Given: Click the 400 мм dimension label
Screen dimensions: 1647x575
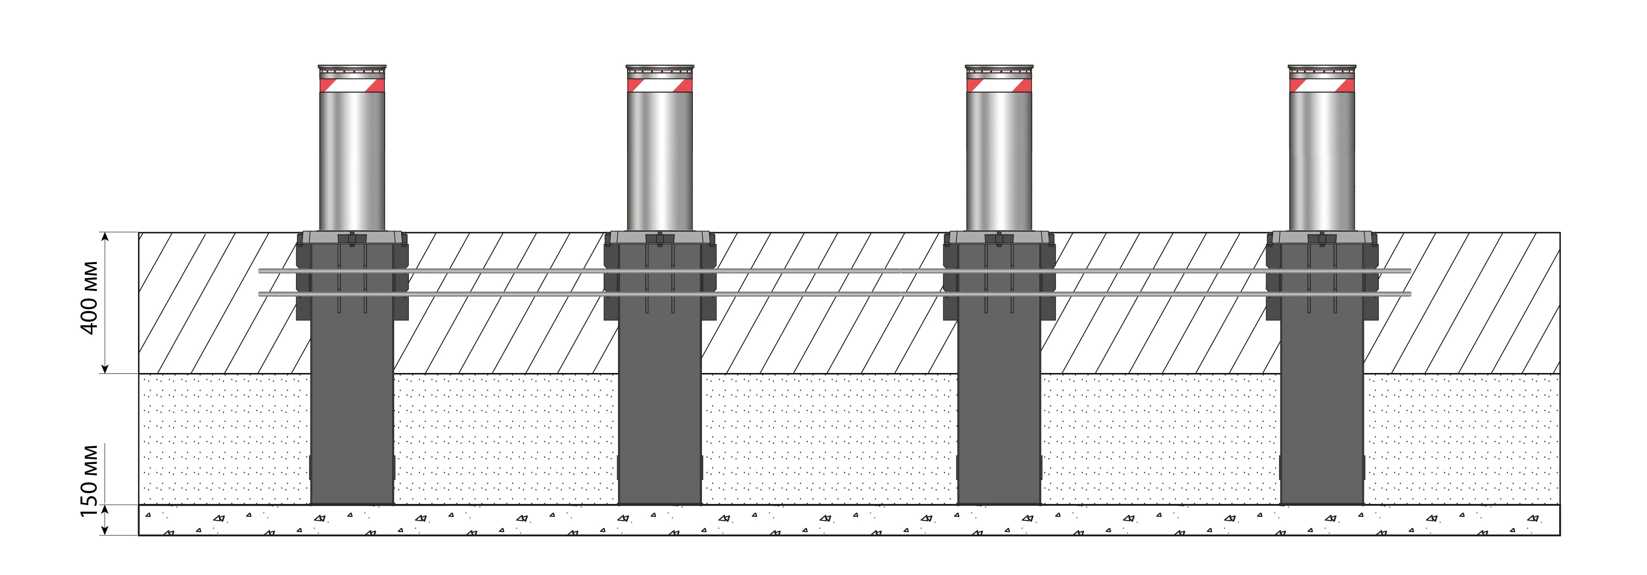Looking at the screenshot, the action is coord(89,298).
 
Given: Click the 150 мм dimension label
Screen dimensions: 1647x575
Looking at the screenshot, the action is coord(89,481).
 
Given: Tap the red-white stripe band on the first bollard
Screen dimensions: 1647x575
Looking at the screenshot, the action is coord(352,85).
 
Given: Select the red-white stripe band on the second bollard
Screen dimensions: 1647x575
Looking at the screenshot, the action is coord(660,85).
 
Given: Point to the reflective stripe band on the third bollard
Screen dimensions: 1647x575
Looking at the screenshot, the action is coord(999,85).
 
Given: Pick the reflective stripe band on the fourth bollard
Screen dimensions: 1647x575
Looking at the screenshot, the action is coord(1322,85).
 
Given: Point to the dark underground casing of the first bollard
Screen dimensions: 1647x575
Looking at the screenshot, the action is coord(352,384).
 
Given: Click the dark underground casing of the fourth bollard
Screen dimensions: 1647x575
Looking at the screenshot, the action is coord(1322,384).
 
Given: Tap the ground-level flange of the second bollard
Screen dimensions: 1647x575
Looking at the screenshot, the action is coord(660,237).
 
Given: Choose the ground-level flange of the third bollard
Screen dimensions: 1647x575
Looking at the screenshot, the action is coord(999,237).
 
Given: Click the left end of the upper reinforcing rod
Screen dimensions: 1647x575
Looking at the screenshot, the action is coord(260,270).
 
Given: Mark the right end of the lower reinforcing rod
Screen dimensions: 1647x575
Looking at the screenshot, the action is coord(1410,294).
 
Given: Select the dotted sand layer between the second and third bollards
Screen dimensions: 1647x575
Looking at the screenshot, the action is coord(829,439).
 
